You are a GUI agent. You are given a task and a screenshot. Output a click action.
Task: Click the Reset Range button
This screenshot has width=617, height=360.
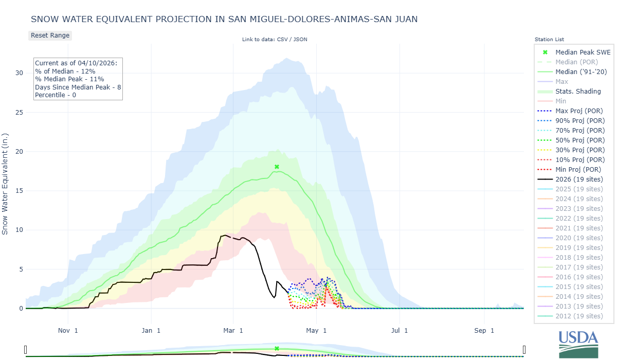point(50,35)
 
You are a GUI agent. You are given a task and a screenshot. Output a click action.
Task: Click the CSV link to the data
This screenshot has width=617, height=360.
point(281,39)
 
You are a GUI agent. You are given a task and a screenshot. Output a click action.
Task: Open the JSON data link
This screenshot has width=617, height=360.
point(300,39)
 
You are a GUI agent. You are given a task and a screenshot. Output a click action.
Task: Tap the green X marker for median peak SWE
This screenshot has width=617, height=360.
point(277,167)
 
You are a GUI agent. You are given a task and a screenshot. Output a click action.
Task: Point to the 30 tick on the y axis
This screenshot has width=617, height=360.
point(19,73)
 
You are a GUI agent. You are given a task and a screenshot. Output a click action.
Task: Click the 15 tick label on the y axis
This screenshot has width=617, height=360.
point(19,191)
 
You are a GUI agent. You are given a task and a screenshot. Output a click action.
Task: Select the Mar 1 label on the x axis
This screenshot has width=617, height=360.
point(233,331)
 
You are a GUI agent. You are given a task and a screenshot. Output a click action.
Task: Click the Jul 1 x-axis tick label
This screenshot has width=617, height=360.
point(399,331)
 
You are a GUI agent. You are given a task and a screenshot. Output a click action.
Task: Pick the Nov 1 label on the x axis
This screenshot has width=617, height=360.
point(68,331)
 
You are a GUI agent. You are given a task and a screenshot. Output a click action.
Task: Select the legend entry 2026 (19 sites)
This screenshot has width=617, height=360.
point(579,179)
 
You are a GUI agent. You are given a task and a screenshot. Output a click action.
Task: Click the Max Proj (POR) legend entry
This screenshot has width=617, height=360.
point(579,111)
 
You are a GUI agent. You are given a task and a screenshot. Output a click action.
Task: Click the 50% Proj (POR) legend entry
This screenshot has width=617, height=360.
point(579,140)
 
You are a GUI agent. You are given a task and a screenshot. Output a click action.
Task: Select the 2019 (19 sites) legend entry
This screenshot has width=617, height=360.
point(579,247)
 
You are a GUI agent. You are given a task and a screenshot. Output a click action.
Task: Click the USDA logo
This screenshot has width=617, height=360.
point(578,344)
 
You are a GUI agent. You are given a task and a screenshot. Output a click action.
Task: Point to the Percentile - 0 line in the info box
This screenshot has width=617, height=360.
point(56,95)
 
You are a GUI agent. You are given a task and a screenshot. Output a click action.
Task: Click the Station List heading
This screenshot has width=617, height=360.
point(549,40)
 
